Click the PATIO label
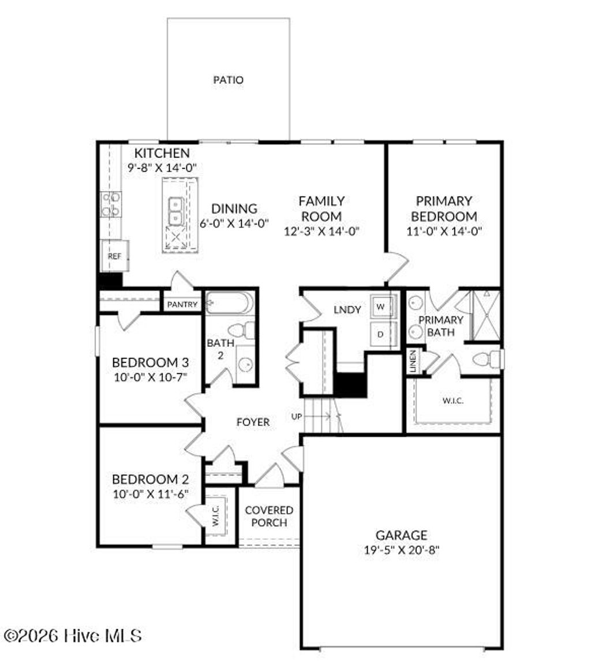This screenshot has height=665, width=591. (x=228, y=80)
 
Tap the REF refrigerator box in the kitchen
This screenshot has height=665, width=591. (x=115, y=256)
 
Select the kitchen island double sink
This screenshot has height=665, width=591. (x=175, y=211)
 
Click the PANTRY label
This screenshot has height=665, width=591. (x=182, y=304)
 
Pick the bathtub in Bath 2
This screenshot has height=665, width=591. (x=230, y=302)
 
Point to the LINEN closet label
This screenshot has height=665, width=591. (x=413, y=361)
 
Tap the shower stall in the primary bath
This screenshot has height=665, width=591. (x=486, y=315)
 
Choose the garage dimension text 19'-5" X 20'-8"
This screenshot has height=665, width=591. (x=402, y=550)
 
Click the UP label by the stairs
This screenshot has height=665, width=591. (x=297, y=416)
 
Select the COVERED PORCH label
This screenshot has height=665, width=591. (x=269, y=517)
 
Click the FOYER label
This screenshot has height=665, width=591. (x=253, y=423)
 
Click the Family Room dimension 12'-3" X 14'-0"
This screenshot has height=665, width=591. (x=321, y=231)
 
